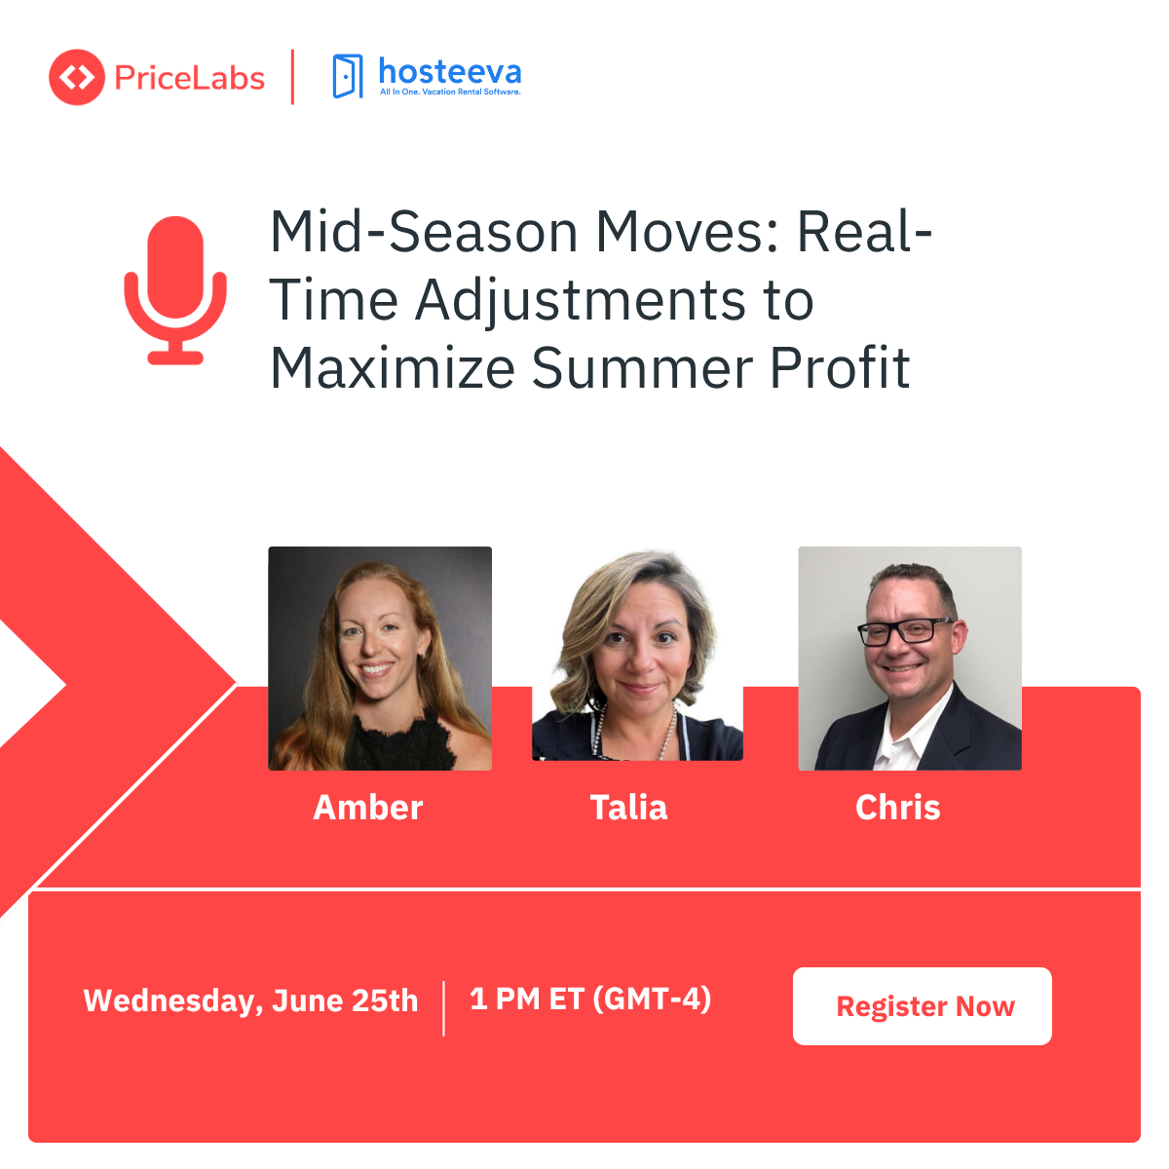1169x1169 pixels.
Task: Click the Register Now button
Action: click(922, 1006)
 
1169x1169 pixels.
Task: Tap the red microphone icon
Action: click(175, 290)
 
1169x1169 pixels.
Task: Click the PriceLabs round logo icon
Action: click(76, 77)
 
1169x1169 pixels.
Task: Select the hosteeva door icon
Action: click(347, 76)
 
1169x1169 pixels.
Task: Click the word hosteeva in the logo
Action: click(449, 71)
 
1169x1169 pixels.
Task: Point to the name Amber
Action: click(367, 808)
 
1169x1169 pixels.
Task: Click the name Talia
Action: click(628, 808)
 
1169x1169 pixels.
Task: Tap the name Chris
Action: click(897, 808)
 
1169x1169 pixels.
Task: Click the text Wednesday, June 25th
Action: click(250, 1000)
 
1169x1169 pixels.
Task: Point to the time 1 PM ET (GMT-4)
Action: click(590, 999)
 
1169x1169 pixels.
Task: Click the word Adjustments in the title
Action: click(573, 301)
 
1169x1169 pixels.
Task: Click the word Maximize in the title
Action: click(393, 368)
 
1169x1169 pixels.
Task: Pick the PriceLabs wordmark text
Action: click(189, 78)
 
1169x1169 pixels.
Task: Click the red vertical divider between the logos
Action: click(292, 77)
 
